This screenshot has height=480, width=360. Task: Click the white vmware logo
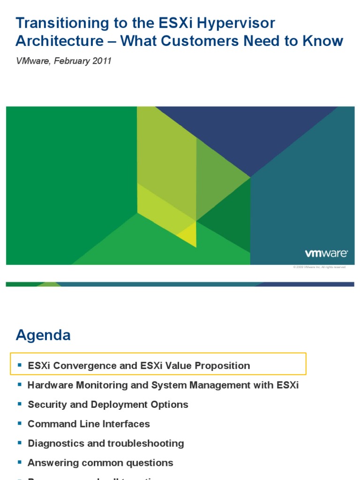(326, 254)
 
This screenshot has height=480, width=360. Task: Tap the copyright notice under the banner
(319, 267)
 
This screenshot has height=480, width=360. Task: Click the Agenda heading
(43, 335)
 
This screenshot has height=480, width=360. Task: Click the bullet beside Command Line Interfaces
(20, 423)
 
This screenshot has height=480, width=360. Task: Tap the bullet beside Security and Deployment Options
(20, 404)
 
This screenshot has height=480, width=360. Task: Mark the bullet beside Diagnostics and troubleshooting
(20, 442)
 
